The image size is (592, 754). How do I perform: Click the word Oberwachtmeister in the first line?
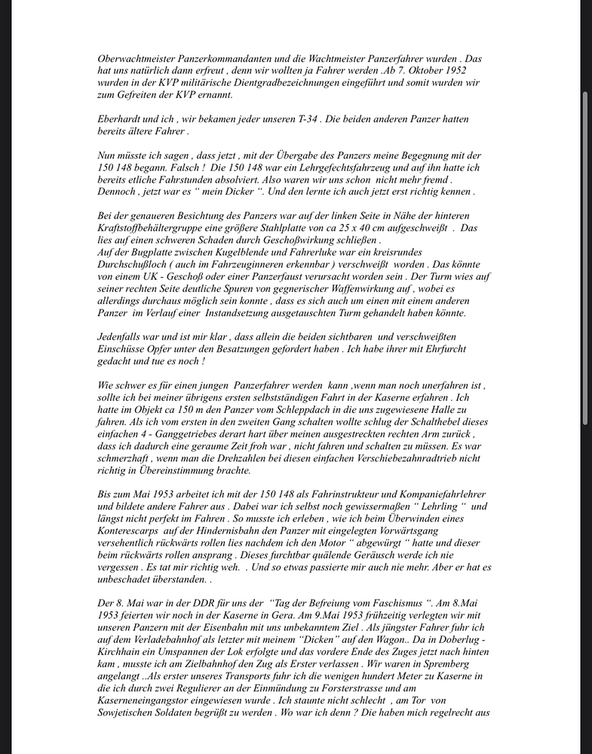click(x=136, y=58)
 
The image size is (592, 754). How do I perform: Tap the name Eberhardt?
click(x=121, y=118)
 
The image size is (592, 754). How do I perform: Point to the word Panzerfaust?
click(x=287, y=275)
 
